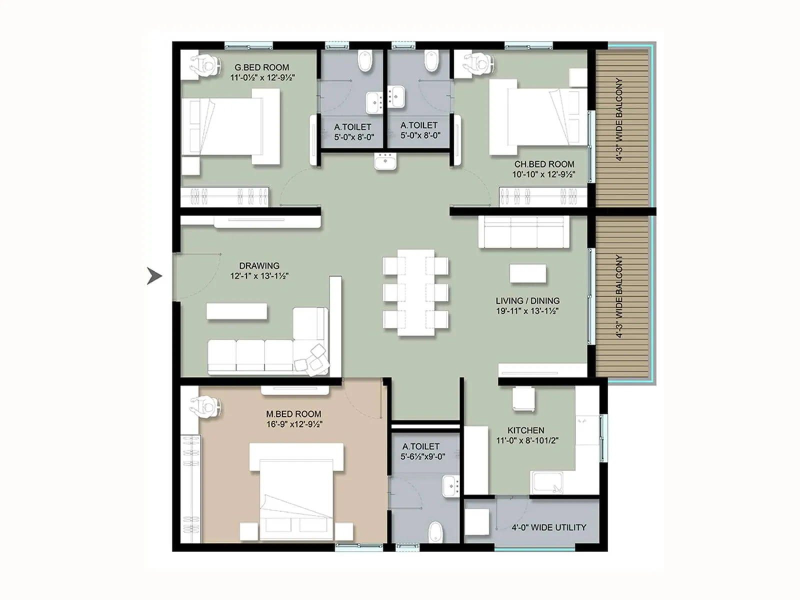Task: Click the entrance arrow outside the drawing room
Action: tap(154, 275)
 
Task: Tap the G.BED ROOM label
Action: tap(261, 67)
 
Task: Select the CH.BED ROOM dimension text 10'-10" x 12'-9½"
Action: tap(543, 174)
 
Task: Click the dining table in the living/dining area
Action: tap(415, 292)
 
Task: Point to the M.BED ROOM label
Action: tap(293, 414)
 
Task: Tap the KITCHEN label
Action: tap(525, 430)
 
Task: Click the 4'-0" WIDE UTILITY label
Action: tap(548, 527)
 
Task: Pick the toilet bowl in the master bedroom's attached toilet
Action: tap(436, 532)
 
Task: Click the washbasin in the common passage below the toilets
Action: tap(385, 162)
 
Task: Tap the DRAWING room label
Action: tap(259, 265)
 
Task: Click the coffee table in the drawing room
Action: tap(236, 311)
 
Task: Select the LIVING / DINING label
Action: tap(527, 300)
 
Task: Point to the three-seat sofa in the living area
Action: tap(523, 232)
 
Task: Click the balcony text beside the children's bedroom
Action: tap(619, 119)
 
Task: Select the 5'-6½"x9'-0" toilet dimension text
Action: tap(422, 456)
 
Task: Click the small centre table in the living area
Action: tap(527, 274)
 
